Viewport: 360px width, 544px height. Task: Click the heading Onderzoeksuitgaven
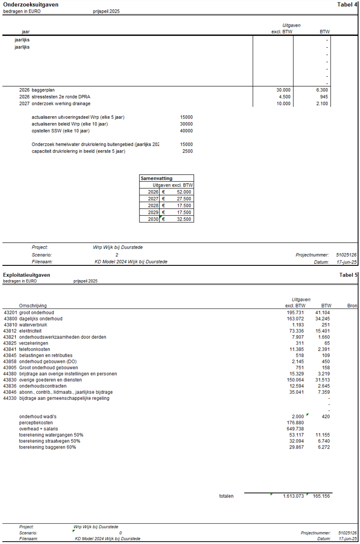[31, 4]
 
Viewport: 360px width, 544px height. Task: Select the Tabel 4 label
[347, 4]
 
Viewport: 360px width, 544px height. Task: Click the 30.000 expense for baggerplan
[284, 90]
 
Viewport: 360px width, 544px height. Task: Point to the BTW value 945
[324, 97]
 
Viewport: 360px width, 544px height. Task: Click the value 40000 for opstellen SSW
[186, 131]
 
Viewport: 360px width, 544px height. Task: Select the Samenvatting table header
[153, 178]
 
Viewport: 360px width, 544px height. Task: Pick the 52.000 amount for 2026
[184, 192]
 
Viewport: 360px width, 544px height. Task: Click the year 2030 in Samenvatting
[153, 219]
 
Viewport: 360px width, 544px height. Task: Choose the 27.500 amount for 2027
[184, 199]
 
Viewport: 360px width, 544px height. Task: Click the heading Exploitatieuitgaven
[27, 275]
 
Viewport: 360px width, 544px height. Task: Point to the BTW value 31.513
[322, 380]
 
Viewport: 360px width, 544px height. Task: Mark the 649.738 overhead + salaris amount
[295, 429]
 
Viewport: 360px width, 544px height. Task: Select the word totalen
[227, 496]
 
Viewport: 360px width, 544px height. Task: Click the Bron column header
[352, 306]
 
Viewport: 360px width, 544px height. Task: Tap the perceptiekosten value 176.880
[295, 422]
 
